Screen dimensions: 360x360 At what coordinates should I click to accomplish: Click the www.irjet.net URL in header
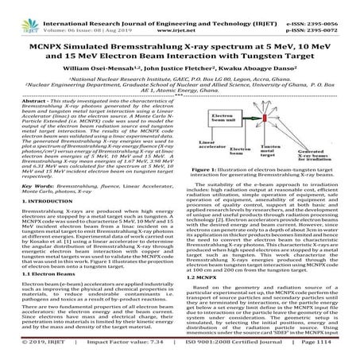click(x=182, y=15)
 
